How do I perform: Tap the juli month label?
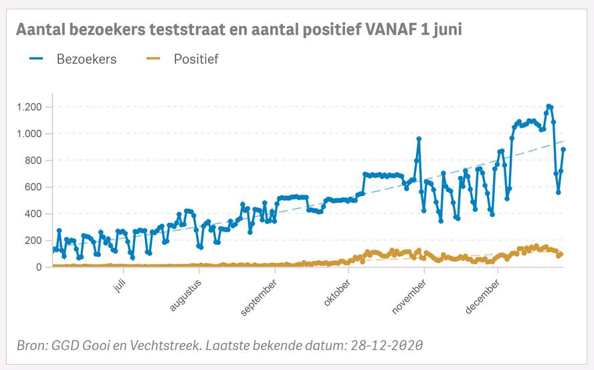(118, 286)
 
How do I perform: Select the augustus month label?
(186, 294)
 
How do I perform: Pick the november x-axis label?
(409, 295)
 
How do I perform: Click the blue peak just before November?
(419, 139)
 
